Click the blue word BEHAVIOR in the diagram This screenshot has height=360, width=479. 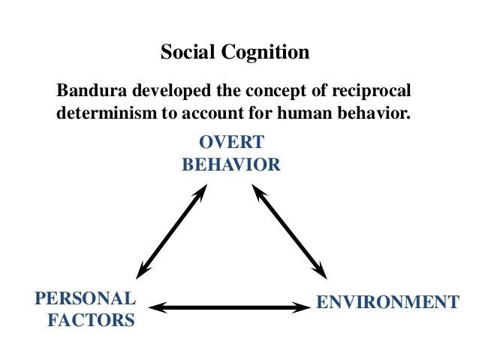[231, 165]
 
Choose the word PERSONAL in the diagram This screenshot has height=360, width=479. [86, 298]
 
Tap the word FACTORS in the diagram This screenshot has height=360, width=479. [92, 320]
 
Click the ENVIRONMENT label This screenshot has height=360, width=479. [387, 303]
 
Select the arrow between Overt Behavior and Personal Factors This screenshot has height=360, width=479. [172, 231]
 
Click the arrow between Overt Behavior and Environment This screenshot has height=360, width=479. [290, 231]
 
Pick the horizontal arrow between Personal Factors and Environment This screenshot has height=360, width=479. [230, 307]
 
